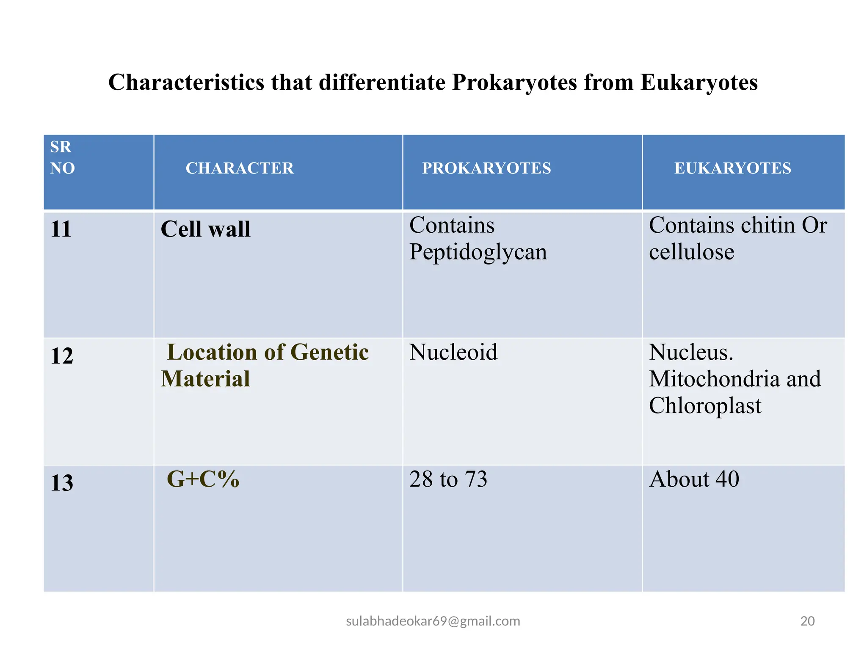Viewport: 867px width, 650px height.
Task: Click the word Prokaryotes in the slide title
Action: point(514,83)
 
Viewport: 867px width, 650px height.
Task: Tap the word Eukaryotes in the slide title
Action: point(699,83)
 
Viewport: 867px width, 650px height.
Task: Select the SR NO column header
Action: point(62,158)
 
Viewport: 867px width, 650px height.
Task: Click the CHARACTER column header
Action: point(240,168)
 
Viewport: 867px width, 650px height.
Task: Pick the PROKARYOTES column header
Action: point(486,168)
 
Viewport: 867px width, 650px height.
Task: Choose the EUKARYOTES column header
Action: point(732,168)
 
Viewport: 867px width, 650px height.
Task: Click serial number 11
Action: point(61,229)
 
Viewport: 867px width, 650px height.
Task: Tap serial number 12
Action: point(62,356)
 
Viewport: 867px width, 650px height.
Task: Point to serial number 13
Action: point(62,483)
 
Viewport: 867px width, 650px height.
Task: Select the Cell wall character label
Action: point(206,229)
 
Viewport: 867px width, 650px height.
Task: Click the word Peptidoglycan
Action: point(478,252)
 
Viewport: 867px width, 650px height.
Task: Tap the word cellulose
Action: point(691,252)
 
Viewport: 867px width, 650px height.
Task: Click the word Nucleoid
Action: point(453,353)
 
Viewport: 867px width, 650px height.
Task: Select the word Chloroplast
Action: point(705,406)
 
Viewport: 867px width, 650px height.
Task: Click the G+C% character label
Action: point(203,479)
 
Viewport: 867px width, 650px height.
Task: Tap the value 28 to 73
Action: point(448,479)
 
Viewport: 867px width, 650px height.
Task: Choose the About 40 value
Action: point(694,479)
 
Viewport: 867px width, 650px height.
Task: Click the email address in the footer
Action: point(433,621)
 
